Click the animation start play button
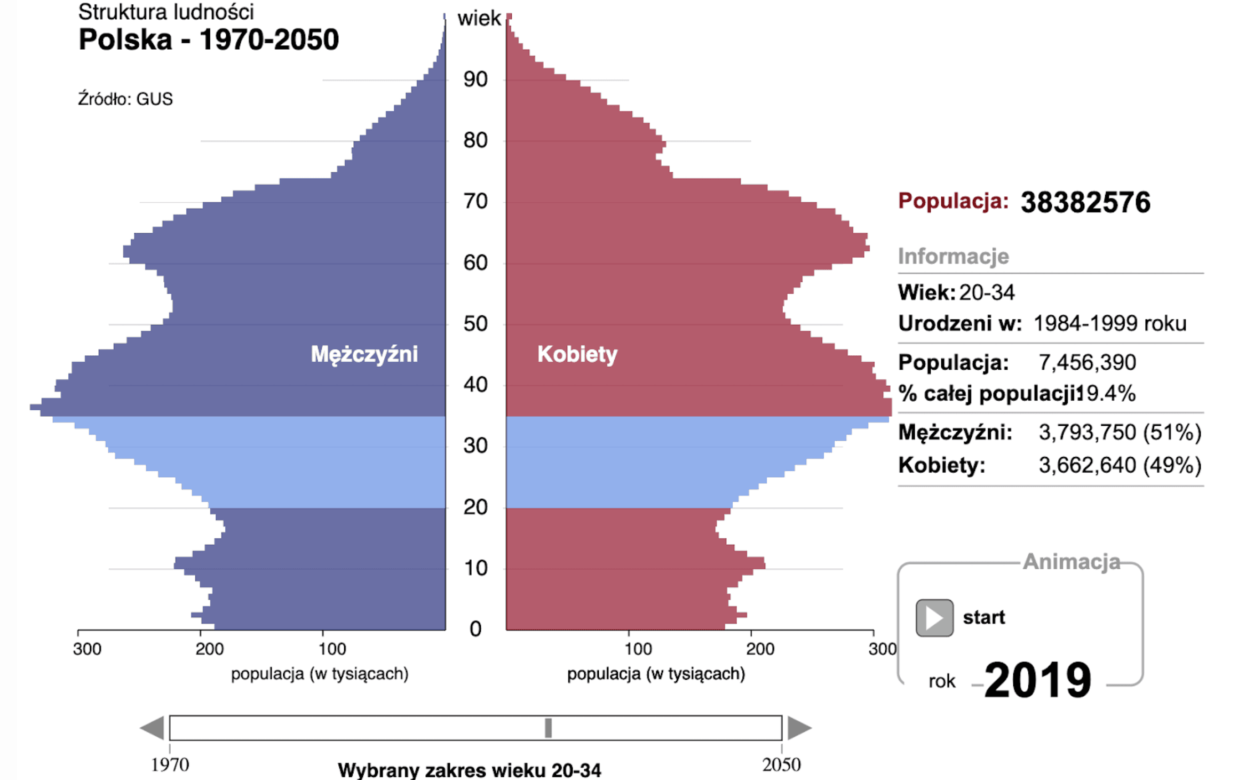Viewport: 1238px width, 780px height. click(x=934, y=618)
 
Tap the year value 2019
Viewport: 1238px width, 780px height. click(x=1037, y=680)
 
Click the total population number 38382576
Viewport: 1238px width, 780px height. click(x=1085, y=203)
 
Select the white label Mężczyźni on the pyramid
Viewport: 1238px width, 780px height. click(x=364, y=354)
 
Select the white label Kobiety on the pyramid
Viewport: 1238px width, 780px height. click(x=577, y=354)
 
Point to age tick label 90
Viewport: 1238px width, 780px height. click(x=475, y=80)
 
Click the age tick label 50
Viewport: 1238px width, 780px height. click(x=475, y=324)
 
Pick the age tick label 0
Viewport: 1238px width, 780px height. click(x=475, y=630)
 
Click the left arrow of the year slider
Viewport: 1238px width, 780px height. click(x=153, y=728)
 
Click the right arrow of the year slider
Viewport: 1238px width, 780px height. click(x=799, y=728)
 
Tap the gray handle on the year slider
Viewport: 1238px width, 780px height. click(x=548, y=728)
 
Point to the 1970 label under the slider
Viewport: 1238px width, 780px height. click(x=170, y=765)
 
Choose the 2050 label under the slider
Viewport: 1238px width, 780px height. click(x=781, y=765)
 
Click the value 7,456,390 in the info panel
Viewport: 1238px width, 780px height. click(x=1087, y=363)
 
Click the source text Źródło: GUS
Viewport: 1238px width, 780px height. click(x=125, y=99)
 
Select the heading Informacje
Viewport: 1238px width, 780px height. click(x=953, y=257)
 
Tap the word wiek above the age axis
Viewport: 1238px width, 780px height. click(x=479, y=19)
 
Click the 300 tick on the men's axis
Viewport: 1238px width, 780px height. click(x=87, y=649)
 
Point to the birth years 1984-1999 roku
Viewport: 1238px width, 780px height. click(x=1109, y=323)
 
